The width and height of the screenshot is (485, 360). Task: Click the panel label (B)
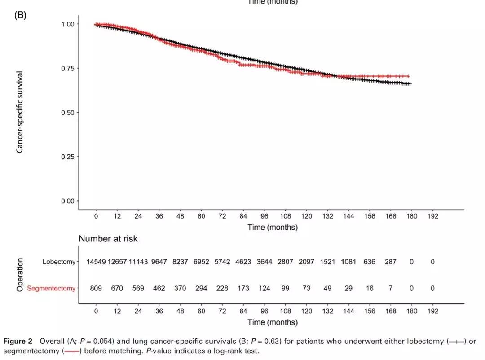coord(21,15)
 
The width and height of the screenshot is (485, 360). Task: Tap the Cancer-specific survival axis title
coord(20,112)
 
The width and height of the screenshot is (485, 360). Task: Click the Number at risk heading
coord(108,239)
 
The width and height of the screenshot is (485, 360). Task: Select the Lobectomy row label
coord(59,262)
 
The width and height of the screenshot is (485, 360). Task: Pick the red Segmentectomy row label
coord(51,288)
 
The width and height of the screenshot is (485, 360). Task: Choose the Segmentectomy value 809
coord(96,288)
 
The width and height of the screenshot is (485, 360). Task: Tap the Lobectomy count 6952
coord(201,262)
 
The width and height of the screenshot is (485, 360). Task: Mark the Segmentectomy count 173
coord(243,288)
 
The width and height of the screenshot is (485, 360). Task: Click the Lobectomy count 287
coord(390,262)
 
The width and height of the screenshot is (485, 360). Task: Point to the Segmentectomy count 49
coord(327,288)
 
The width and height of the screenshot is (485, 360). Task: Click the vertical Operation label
coord(20,275)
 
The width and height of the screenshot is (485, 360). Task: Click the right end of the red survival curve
coord(409,76)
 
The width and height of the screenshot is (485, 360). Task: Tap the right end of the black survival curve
coord(410,84)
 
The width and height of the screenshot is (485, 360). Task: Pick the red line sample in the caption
coord(72,351)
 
